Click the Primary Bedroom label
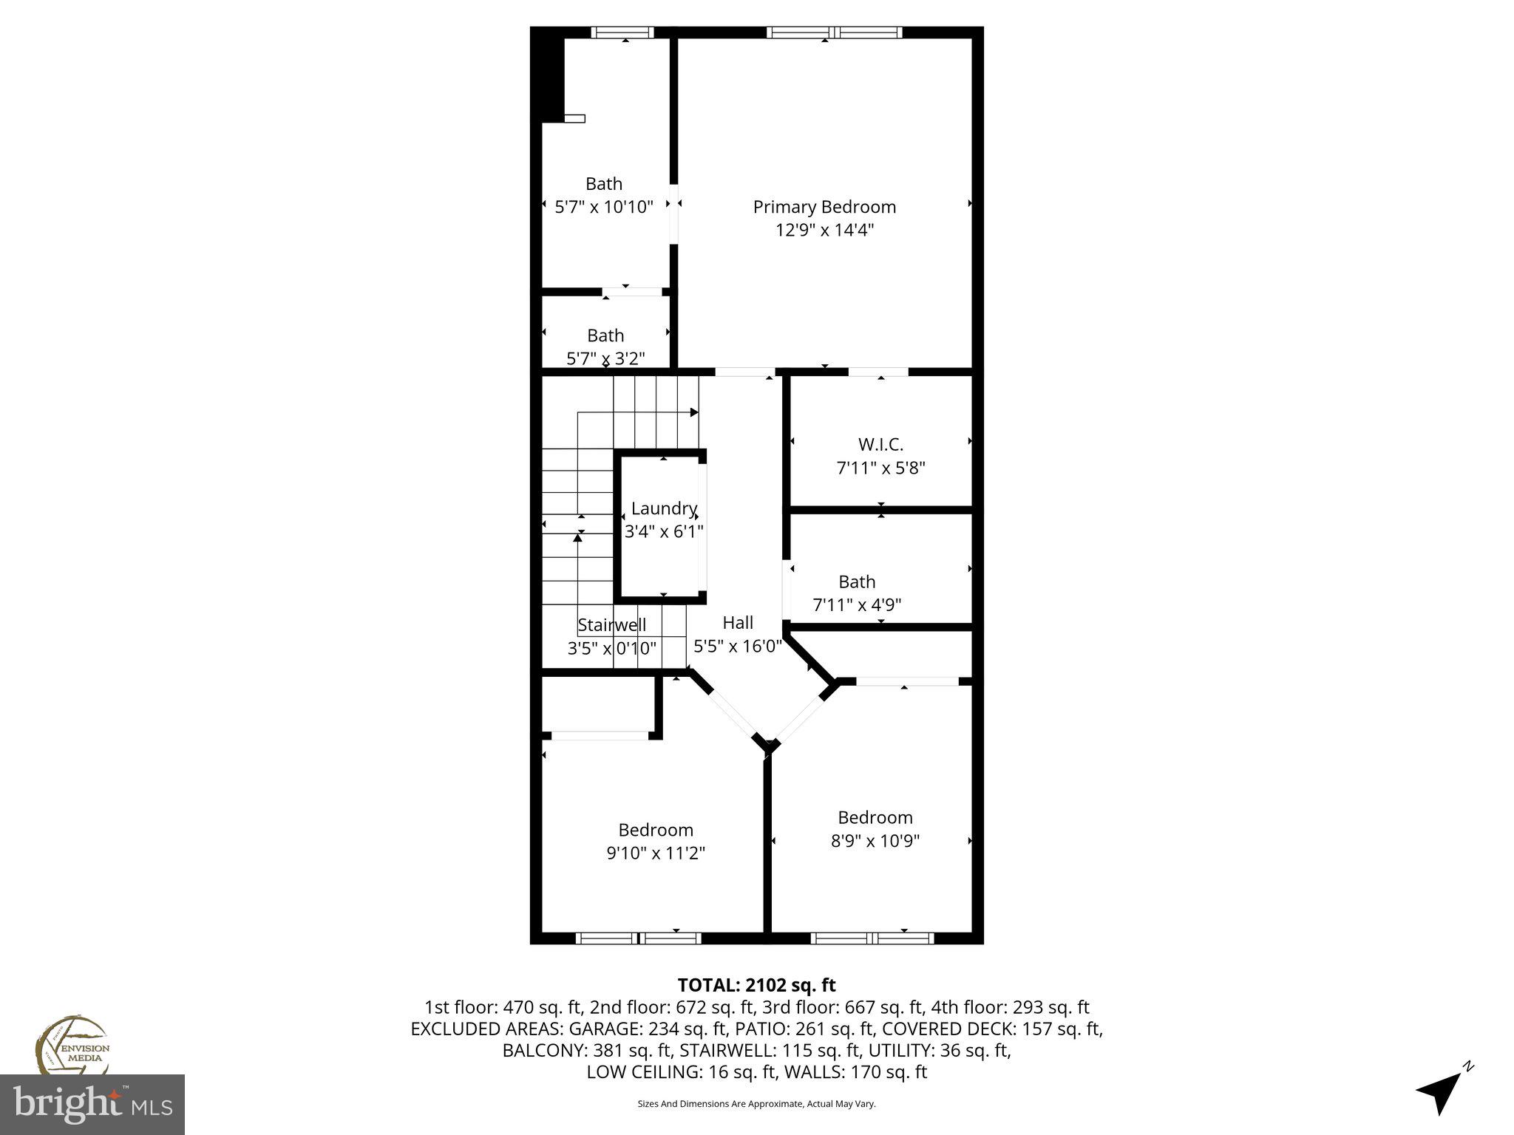[x=824, y=207]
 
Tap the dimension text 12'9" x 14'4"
[x=824, y=230]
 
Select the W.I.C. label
[x=880, y=445]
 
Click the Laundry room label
[x=664, y=508]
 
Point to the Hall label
[x=738, y=623]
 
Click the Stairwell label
[x=611, y=625]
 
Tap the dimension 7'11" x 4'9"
[x=857, y=605]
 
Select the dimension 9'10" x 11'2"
[x=656, y=853]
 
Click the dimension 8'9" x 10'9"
[x=875, y=841]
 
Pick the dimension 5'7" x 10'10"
[x=604, y=207]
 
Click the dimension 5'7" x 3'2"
[x=605, y=358]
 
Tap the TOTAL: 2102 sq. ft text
[x=756, y=985]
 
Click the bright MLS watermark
[x=92, y=1104]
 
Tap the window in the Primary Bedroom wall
[x=834, y=33]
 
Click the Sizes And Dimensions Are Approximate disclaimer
[x=756, y=1104]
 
